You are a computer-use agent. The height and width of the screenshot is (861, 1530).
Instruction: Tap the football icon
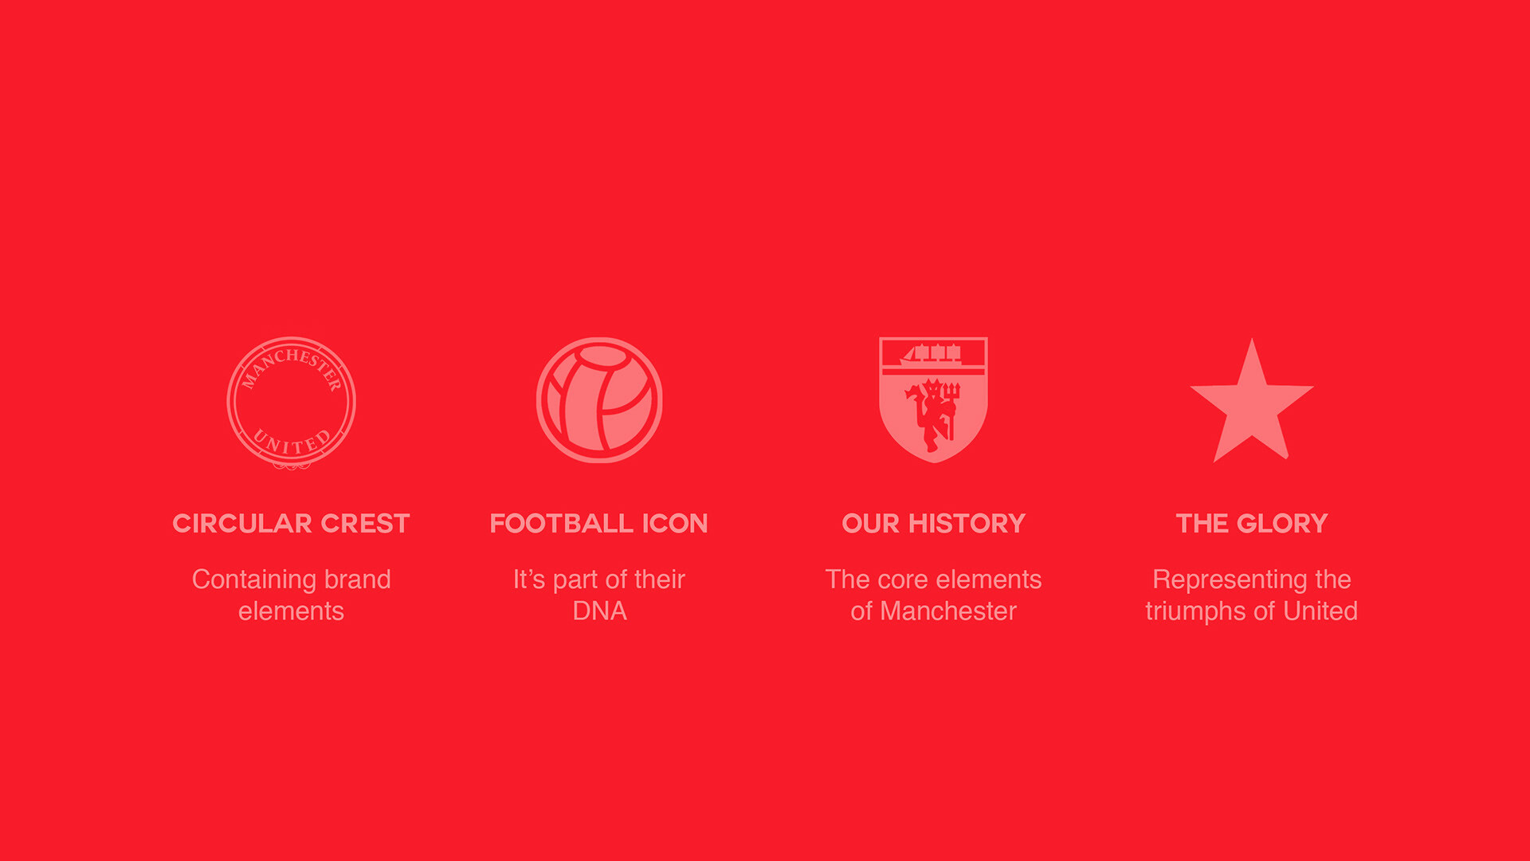(x=599, y=400)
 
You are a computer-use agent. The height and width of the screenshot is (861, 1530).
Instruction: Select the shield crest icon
(x=933, y=399)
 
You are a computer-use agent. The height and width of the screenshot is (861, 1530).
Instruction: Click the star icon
(x=1251, y=403)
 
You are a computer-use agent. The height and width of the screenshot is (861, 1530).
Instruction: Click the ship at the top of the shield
(x=932, y=354)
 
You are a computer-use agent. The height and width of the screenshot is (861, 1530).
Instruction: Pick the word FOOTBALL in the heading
(x=562, y=523)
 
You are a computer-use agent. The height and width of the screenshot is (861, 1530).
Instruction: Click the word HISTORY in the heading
(x=967, y=523)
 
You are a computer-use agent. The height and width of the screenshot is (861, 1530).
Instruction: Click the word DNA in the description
(x=599, y=611)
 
